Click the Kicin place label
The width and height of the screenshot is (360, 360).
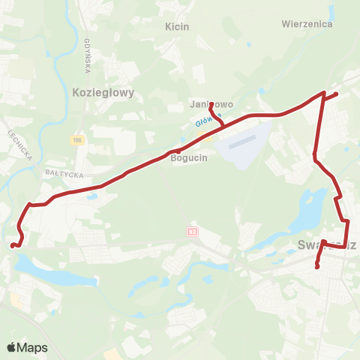(x=176, y=26)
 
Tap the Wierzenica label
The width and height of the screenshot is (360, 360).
(x=307, y=23)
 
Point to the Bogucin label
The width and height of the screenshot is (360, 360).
(x=187, y=158)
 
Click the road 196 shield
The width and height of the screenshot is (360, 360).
(x=77, y=140)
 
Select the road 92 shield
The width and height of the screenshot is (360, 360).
(x=192, y=232)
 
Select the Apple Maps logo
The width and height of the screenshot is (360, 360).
(x=27, y=347)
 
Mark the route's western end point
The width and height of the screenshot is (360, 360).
(x=11, y=245)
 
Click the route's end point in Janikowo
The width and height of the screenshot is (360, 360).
(x=211, y=103)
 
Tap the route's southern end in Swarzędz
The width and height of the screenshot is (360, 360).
(x=317, y=267)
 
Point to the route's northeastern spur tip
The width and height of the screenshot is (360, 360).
(x=337, y=94)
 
